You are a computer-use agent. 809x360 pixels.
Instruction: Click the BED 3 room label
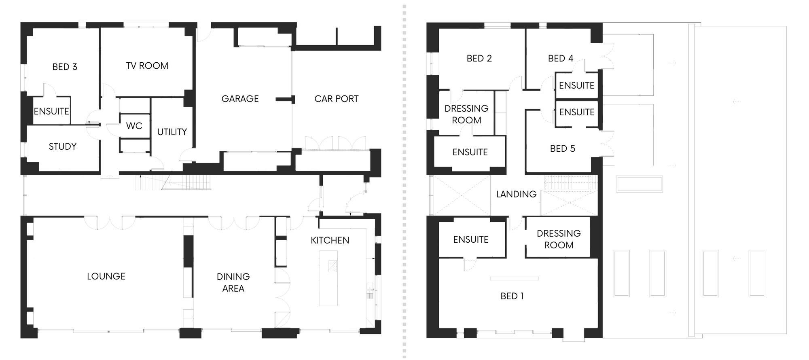[65, 67]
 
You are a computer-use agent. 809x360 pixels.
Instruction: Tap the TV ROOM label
[147, 66]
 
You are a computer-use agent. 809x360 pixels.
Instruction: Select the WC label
[134, 126]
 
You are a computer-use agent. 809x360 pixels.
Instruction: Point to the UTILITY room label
[172, 132]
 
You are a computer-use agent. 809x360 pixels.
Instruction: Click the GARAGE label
[240, 99]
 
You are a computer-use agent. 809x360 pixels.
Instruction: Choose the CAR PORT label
[337, 99]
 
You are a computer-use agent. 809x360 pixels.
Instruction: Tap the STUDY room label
[63, 146]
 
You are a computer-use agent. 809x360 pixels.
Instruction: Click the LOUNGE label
[106, 276]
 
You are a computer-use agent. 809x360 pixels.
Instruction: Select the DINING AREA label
[233, 282]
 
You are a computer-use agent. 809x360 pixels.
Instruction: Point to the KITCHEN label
[330, 240]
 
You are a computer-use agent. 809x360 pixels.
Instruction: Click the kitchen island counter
[328, 278]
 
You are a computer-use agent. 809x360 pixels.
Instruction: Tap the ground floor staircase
[174, 182]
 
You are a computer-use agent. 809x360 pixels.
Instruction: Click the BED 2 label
[479, 58]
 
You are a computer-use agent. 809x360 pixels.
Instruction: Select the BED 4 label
[561, 58]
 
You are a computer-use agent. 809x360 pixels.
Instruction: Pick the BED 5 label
[563, 148]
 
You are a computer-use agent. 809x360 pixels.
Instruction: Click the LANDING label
[517, 194]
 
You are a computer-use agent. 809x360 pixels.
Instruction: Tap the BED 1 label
[512, 296]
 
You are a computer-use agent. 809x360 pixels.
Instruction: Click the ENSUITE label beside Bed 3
[51, 111]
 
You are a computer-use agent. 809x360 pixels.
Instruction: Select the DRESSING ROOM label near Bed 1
[559, 239]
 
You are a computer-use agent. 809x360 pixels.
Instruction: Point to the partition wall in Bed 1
[514, 278]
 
